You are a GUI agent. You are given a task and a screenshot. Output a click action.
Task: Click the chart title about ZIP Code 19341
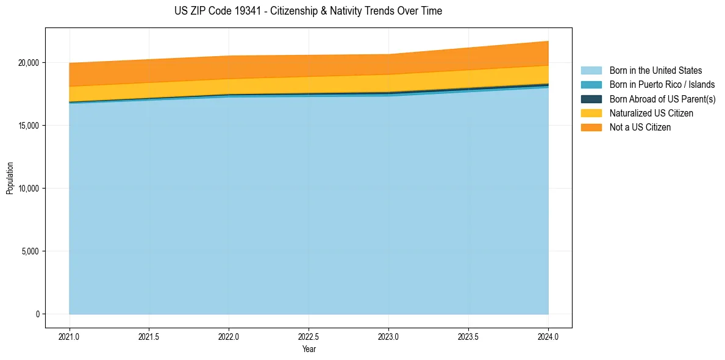pos(308,11)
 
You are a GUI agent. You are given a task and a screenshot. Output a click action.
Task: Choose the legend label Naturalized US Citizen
pos(651,113)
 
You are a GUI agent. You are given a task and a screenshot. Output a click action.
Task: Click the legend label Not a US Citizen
pos(640,127)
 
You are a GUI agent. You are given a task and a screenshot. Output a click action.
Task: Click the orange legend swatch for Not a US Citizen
pos(591,127)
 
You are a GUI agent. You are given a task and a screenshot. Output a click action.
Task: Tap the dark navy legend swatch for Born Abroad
pos(591,99)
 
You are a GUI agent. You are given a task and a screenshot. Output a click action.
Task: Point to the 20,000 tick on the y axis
pos(29,63)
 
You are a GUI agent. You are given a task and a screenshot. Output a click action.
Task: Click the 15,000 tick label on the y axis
pos(29,126)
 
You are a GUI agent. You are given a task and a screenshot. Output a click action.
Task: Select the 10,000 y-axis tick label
pos(29,189)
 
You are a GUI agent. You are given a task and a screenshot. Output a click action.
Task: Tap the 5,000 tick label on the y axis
pos(30,251)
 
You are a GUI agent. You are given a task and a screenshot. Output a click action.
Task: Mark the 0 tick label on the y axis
pos(37,314)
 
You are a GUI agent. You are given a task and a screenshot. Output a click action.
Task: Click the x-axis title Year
pos(309,349)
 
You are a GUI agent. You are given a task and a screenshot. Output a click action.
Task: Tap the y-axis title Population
pos(10,178)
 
